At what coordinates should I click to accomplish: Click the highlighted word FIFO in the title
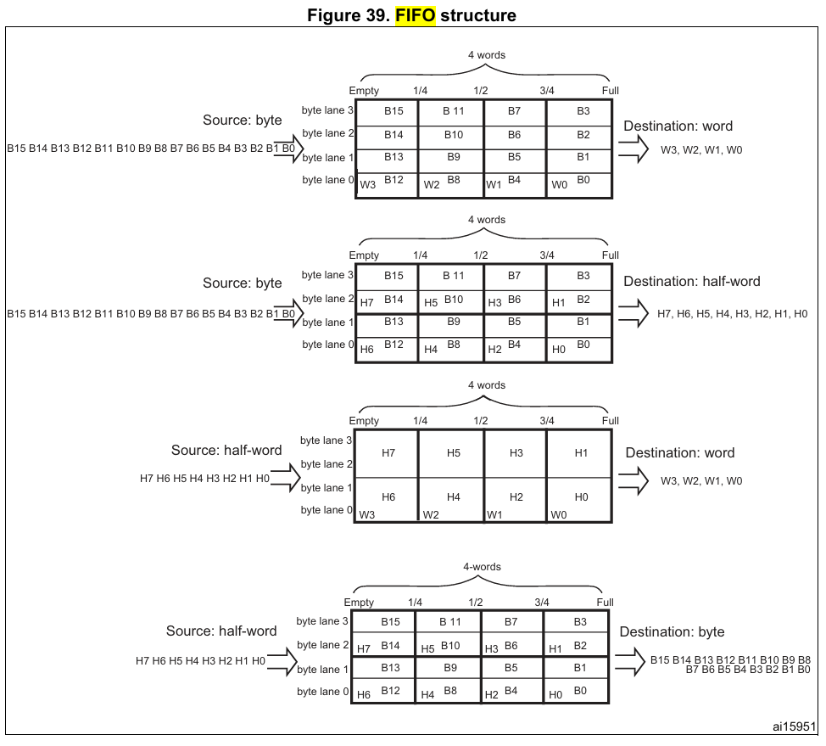point(415,15)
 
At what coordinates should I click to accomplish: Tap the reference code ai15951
point(795,726)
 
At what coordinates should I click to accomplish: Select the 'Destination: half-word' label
point(692,282)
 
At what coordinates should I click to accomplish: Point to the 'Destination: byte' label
point(672,631)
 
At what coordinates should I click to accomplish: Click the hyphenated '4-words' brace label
point(482,567)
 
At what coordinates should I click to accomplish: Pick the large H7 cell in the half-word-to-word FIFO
point(388,453)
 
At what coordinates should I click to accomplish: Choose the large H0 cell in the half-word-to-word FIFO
point(581,497)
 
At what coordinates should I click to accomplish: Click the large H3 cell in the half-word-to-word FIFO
point(516,453)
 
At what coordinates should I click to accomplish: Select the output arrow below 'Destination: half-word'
point(633,314)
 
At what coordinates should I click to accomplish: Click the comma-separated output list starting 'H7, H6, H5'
point(732,315)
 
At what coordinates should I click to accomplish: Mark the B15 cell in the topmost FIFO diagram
point(393,111)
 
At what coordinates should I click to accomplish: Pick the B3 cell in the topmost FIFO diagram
point(583,111)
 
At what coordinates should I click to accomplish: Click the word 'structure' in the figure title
point(477,15)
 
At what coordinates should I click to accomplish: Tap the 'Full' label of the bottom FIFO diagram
point(605,603)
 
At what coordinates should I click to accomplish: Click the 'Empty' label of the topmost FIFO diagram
point(364,91)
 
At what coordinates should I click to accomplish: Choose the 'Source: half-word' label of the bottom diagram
point(221,631)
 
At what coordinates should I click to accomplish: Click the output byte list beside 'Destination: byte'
point(730,665)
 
